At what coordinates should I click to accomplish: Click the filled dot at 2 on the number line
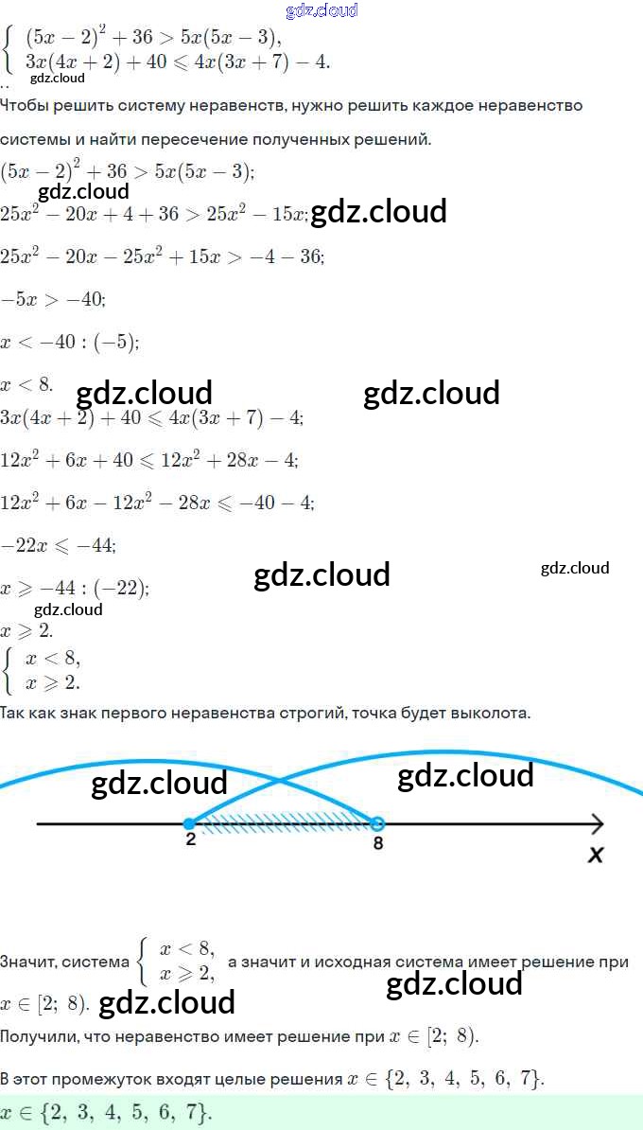pos(189,822)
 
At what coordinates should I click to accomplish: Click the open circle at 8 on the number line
pos(376,822)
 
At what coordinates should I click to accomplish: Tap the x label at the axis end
pos(596,855)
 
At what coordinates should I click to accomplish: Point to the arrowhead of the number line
pos(596,823)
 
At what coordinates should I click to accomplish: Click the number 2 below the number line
pos(190,839)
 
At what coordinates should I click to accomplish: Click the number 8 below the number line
pos(378,842)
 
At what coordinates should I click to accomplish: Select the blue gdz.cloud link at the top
pos(321,10)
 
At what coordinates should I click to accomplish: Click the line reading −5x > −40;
pos(53,299)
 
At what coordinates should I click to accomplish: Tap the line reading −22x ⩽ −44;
pos(59,545)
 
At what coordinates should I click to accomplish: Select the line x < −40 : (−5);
pos(70,342)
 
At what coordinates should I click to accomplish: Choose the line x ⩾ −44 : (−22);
pos(75,588)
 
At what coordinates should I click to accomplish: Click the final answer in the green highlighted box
pos(106,1113)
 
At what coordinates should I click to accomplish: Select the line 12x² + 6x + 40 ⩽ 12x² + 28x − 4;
pos(149,460)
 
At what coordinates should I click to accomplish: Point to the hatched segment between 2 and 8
pos(284,817)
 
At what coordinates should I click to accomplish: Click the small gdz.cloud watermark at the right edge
pos(575,568)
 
